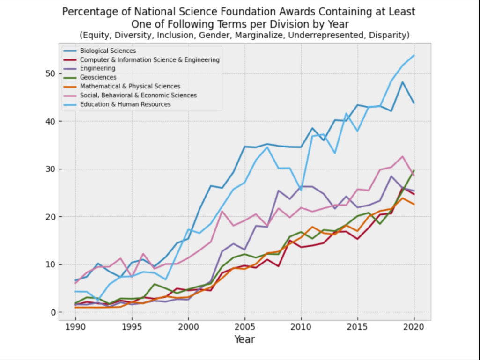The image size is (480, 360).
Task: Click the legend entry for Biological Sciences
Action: tap(108, 51)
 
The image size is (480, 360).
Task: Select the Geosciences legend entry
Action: tap(98, 77)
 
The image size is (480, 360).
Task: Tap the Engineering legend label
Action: tap(97, 68)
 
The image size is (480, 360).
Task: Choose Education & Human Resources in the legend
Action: tap(125, 104)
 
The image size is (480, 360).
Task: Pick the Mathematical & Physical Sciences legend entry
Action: tap(130, 86)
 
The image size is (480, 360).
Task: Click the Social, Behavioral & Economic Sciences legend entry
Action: tap(138, 96)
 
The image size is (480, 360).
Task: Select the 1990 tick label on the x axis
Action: tap(75, 326)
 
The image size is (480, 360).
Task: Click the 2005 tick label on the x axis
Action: tap(245, 326)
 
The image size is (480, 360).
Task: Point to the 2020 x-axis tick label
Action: tap(414, 326)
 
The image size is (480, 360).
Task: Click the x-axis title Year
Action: tap(244, 339)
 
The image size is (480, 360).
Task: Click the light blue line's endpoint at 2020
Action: tap(414, 55)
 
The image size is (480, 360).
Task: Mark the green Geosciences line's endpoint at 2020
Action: tap(414, 170)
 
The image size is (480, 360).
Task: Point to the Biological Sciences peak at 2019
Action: tap(403, 82)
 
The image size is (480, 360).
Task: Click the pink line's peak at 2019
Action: tap(403, 156)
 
